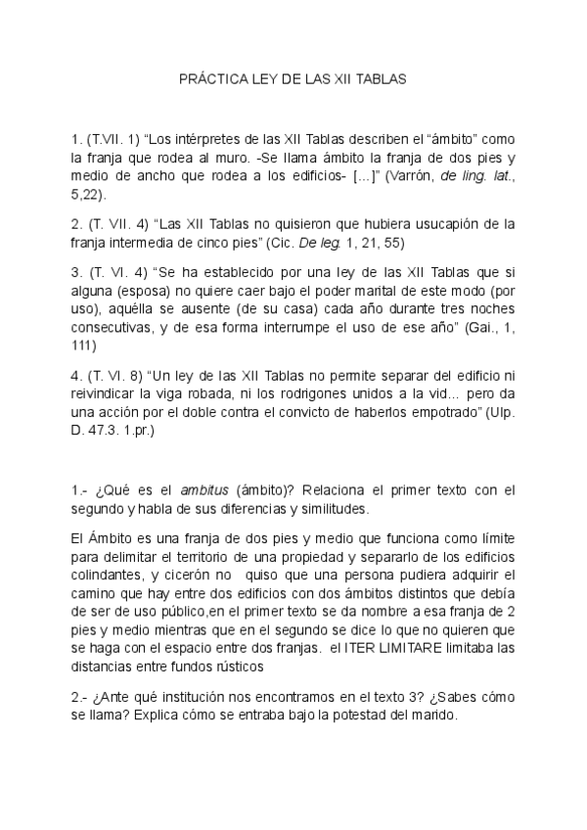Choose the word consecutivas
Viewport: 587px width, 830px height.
click(x=113, y=328)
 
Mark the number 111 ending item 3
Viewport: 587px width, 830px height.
click(x=83, y=346)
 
